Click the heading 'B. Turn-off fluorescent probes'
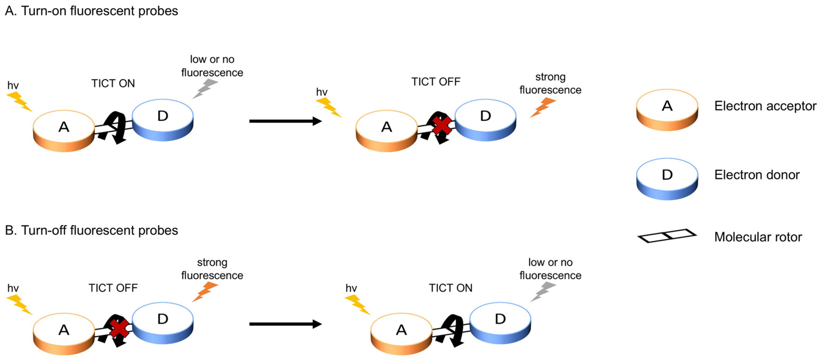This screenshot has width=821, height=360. pos(91,230)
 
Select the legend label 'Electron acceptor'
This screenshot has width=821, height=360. pos(765,106)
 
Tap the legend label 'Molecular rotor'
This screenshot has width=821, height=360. pos(758,237)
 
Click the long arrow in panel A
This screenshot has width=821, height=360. pos(285,121)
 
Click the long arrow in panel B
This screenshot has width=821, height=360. pos(285,324)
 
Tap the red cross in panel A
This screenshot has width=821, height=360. pos(442,125)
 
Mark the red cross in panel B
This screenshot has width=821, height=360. pos(119,328)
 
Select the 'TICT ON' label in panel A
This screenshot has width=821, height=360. pos(113,83)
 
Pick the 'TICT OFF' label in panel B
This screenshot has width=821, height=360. pos(113,288)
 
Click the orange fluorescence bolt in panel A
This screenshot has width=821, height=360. pos(543,107)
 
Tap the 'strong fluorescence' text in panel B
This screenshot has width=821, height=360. pos(212,269)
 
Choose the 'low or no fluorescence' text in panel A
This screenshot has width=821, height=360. pos(212,66)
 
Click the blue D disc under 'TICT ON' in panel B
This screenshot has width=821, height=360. pos(500,322)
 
